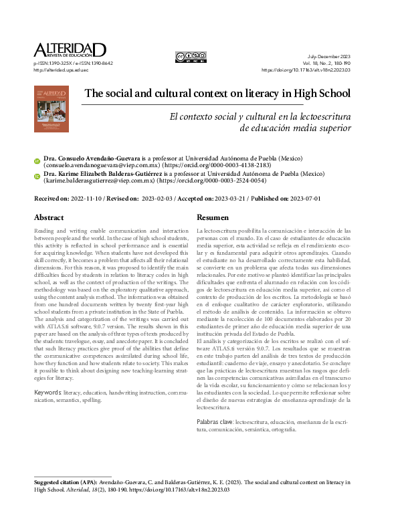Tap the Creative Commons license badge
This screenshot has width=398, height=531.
(191, 58)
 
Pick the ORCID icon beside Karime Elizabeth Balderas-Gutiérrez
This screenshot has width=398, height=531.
(37, 177)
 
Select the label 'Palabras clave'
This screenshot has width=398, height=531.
(215, 422)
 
